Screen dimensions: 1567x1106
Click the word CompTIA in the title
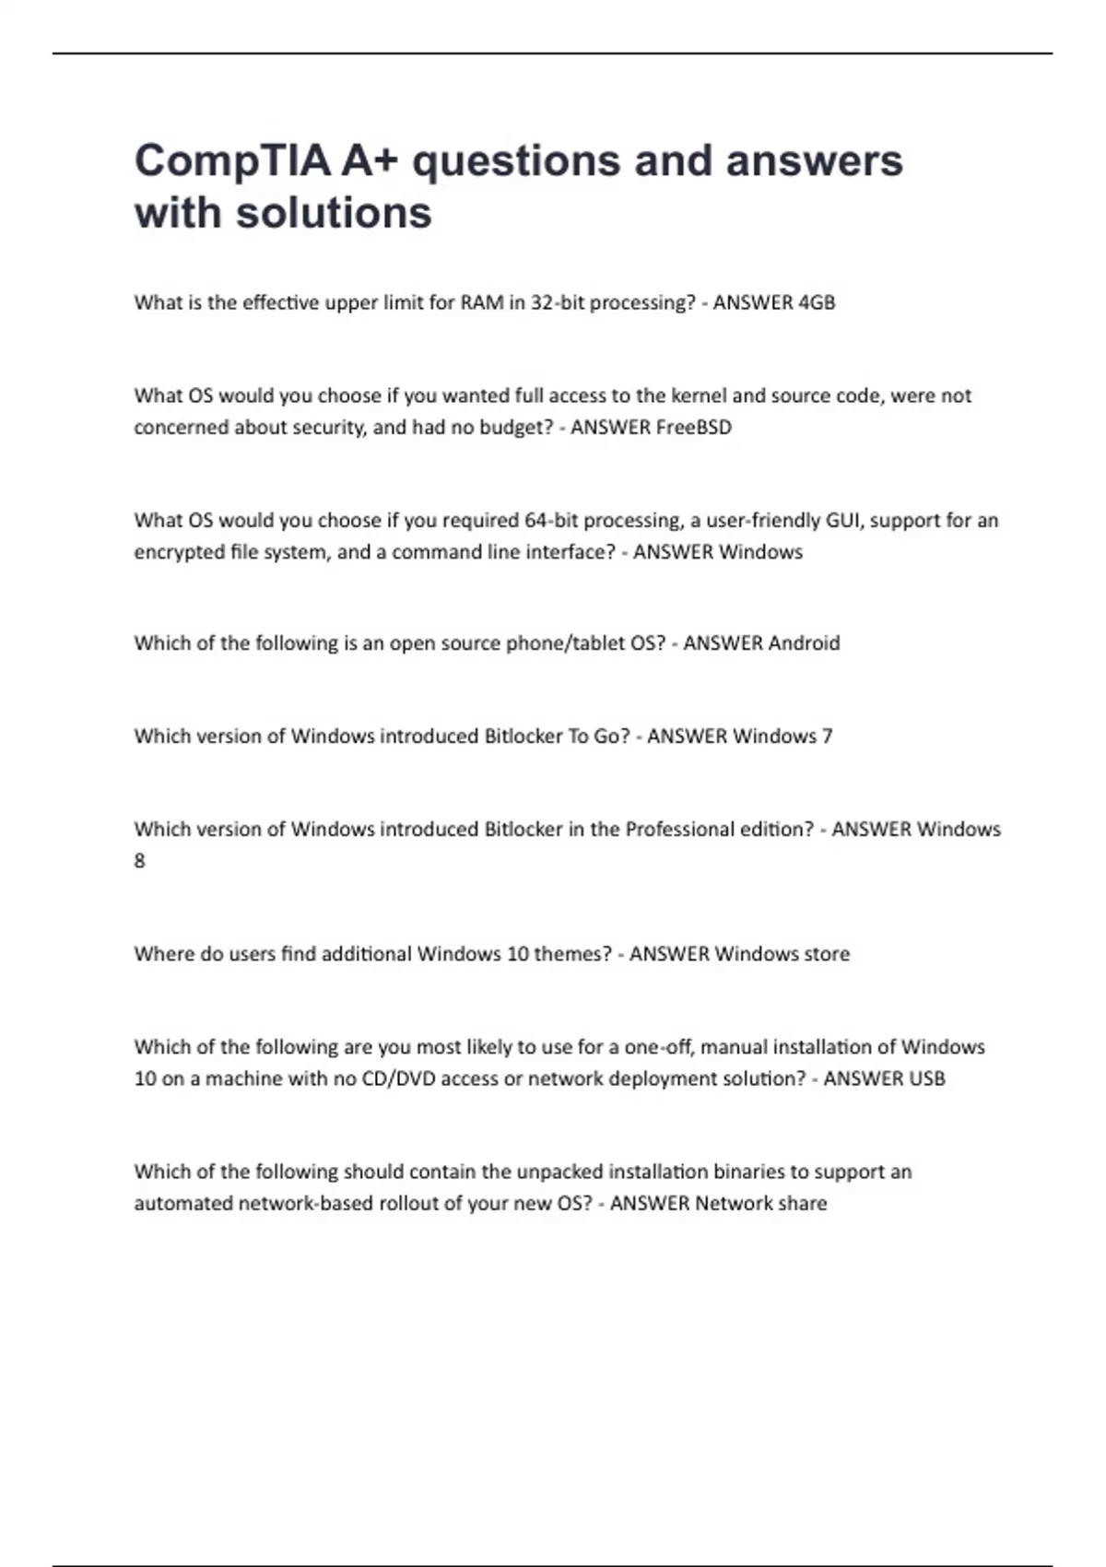pyautogui.click(x=232, y=161)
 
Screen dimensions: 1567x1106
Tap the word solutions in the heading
pyautogui.click(x=334, y=213)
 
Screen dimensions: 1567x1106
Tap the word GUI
pyautogui.click(x=842, y=521)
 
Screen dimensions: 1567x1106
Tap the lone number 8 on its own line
pyautogui.click(x=140, y=861)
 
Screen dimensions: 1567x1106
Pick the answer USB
pyautogui.click(x=925, y=1078)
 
